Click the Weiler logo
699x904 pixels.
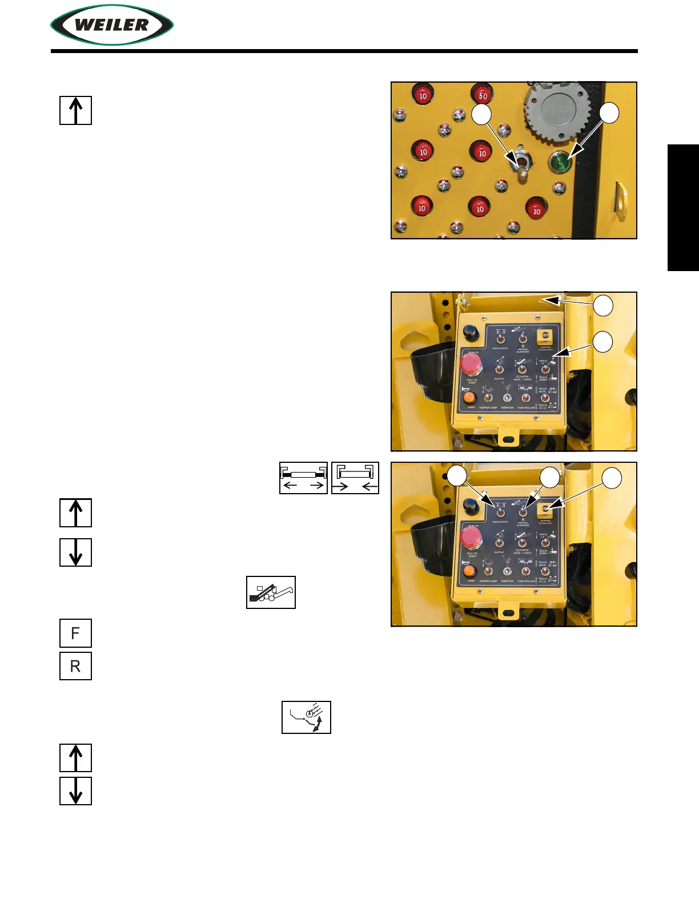click(x=112, y=25)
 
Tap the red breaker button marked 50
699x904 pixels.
click(x=483, y=95)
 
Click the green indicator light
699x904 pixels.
click(x=560, y=163)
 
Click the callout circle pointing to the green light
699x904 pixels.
click(x=609, y=112)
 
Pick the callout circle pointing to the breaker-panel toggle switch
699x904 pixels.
click(x=481, y=114)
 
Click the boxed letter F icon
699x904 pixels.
click(x=75, y=633)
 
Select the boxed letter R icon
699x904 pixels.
click(x=75, y=665)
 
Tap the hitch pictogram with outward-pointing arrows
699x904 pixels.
click(x=303, y=478)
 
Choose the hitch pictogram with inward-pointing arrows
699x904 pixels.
click(x=355, y=478)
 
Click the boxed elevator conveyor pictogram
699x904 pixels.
click(x=271, y=592)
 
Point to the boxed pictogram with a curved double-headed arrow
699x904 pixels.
click(x=306, y=717)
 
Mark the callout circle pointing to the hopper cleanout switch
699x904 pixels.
click(x=612, y=478)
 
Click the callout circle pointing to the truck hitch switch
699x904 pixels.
click(x=457, y=477)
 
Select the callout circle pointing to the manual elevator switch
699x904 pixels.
click(x=550, y=477)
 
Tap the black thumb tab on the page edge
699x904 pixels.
click(x=683, y=208)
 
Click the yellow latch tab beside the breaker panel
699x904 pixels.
click(x=620, y=200)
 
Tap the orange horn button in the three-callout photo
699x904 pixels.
click(x=469, y=571)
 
